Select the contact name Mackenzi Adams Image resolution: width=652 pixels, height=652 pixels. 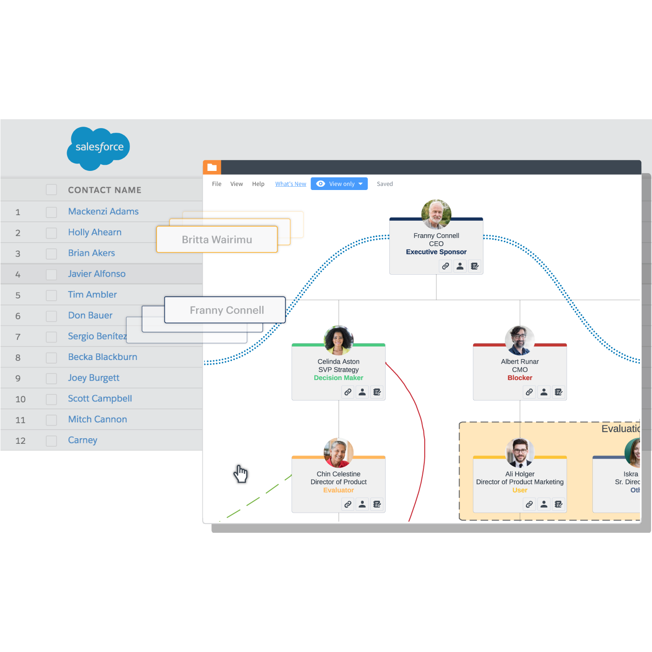pyautogui.click(x=103, y=211)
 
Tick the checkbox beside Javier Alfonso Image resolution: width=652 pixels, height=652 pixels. pyautogui.click(x=51, y=275)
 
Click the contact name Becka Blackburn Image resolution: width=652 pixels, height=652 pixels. pyautogui.click(x=102, y=357)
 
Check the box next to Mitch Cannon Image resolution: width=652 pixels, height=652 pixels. pyautogui.click(x=51, y=420)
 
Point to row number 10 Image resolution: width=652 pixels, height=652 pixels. pyautogui.click(x=20, y=399)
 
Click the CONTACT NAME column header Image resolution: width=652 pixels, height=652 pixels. pyautogui.click(x=104, y=190)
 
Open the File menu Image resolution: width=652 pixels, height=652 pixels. pyautogui.click(x=217, y=184)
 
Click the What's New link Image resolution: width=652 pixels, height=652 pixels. pyautogui.click(x=291, y=184)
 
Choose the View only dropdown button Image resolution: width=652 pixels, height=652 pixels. pyautogui.click(x=339, y=184)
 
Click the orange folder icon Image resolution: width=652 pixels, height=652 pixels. pyautogui.click(x=212, y=168)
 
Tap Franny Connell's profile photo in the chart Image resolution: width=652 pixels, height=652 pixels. pyautogui.click(x=436, y=214)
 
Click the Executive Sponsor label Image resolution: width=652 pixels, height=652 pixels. pyautogui.click(x=436, y=252)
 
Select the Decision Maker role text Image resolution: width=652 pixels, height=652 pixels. pyautogui.click(x=338, y=378)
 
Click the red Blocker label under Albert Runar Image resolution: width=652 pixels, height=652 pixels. pyautogui.click(x=520, y=378)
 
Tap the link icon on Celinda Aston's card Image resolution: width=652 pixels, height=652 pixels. pyautogui.click(x=347, y=392)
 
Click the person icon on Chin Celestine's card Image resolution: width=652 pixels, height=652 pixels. pyautogui.click(x=362, y=504)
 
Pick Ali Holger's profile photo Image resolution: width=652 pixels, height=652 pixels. pyautogui.click(x=520, y=452)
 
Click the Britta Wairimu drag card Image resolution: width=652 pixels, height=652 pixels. pyautogui.click(x=217, y=239)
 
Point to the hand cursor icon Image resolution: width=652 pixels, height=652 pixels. pyautogui.click(x=240, y=474)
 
